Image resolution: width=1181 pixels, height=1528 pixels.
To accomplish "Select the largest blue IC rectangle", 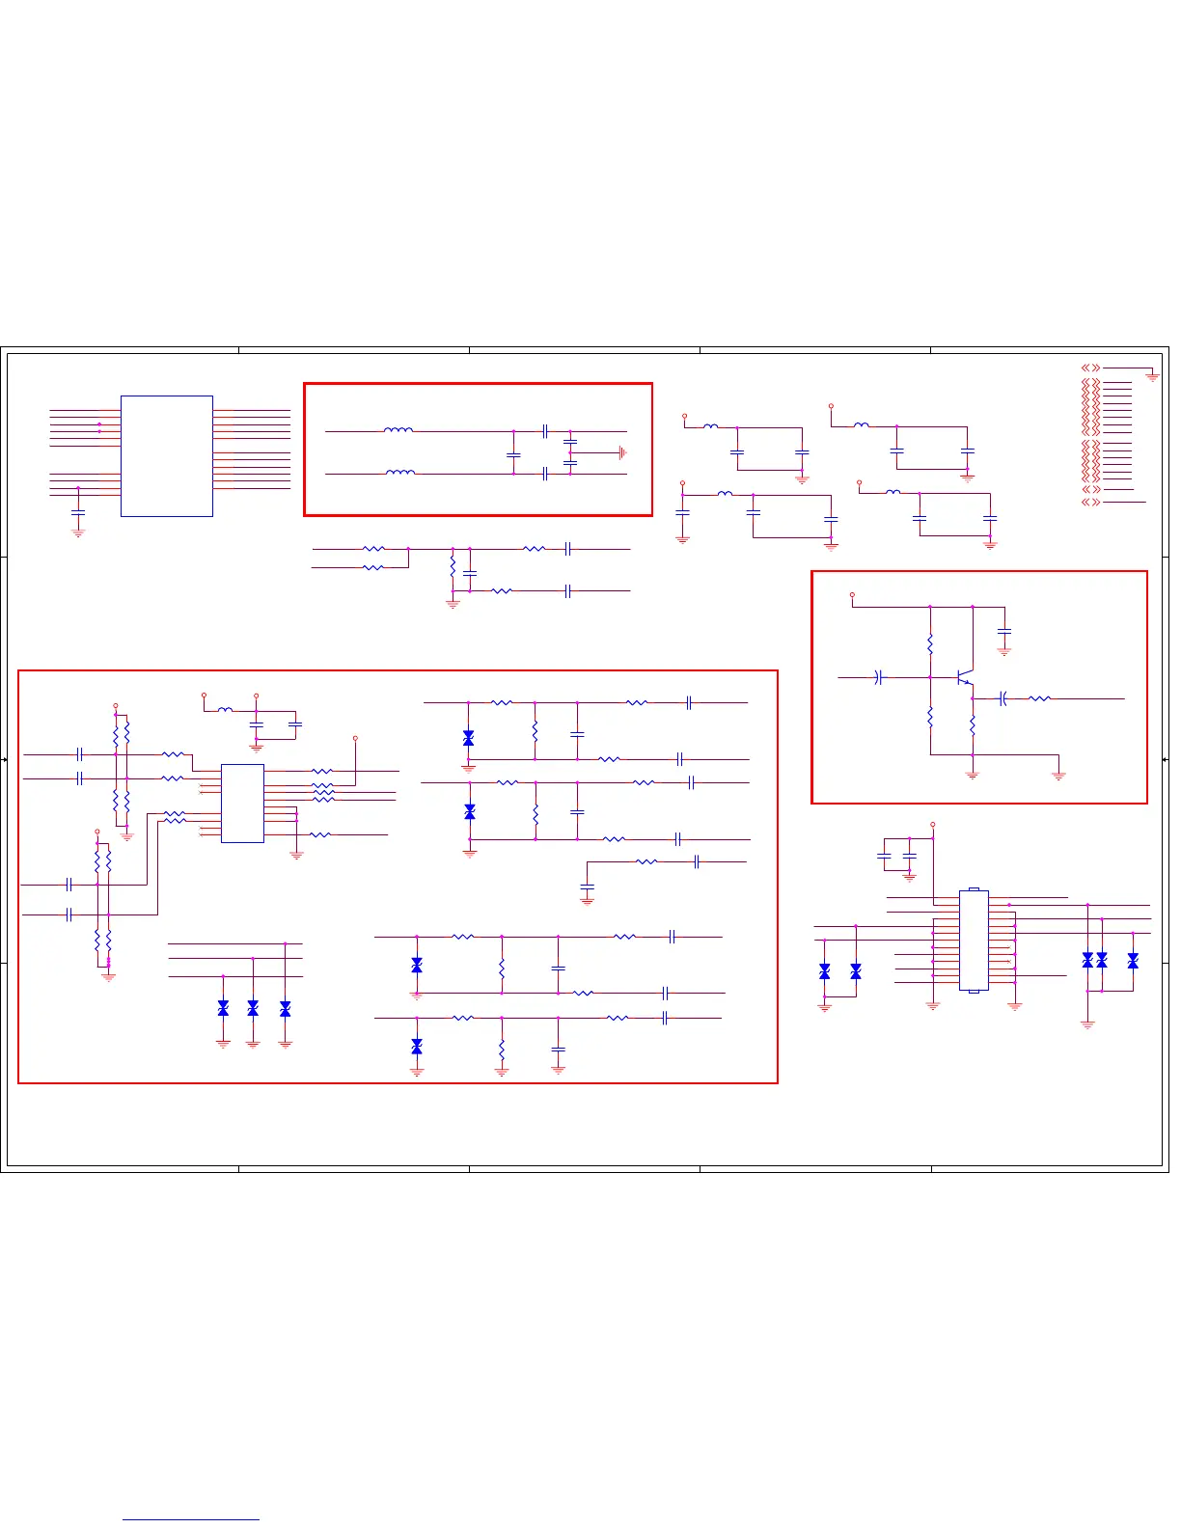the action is (x=166, y=455).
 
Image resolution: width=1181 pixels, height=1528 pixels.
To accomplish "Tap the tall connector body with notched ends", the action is (x=974, y=941).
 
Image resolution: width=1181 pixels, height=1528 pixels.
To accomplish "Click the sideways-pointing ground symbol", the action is (x=623, y=452).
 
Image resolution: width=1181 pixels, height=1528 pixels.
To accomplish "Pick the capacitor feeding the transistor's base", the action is (x=878, y=677).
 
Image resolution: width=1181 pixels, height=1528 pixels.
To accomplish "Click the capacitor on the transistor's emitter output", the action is (x=1003, y=698).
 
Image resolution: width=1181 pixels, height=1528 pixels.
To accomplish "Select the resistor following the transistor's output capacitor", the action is (x=1039, y=698).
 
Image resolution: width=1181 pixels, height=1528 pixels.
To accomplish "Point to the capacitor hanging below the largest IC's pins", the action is (x=78, y=511).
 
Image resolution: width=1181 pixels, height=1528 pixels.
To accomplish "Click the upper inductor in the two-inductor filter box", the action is (x=398, y=430).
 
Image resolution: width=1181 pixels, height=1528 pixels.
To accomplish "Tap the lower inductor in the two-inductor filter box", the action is (x=400, y=473).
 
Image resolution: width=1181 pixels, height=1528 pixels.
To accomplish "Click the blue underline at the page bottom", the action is (x=191, y=1520).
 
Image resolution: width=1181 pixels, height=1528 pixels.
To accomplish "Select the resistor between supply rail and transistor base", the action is (x=930, y=643).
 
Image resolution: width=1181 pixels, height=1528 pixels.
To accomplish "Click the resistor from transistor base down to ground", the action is (x=930, y=717).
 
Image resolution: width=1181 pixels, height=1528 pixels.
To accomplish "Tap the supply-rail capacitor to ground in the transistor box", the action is (x=1004, y=632).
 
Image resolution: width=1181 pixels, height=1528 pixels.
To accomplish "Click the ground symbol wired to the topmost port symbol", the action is (x=1152, y=377).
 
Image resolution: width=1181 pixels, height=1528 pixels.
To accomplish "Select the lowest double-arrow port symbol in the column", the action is (x=1090, y=502).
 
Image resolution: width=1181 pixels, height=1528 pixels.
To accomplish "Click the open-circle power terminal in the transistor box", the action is (x=852, y=595).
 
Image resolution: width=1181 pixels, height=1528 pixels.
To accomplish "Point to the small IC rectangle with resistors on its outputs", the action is (x=242, y=804).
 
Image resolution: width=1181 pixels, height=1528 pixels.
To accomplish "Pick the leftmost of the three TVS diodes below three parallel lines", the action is (x=223, y=1008).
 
